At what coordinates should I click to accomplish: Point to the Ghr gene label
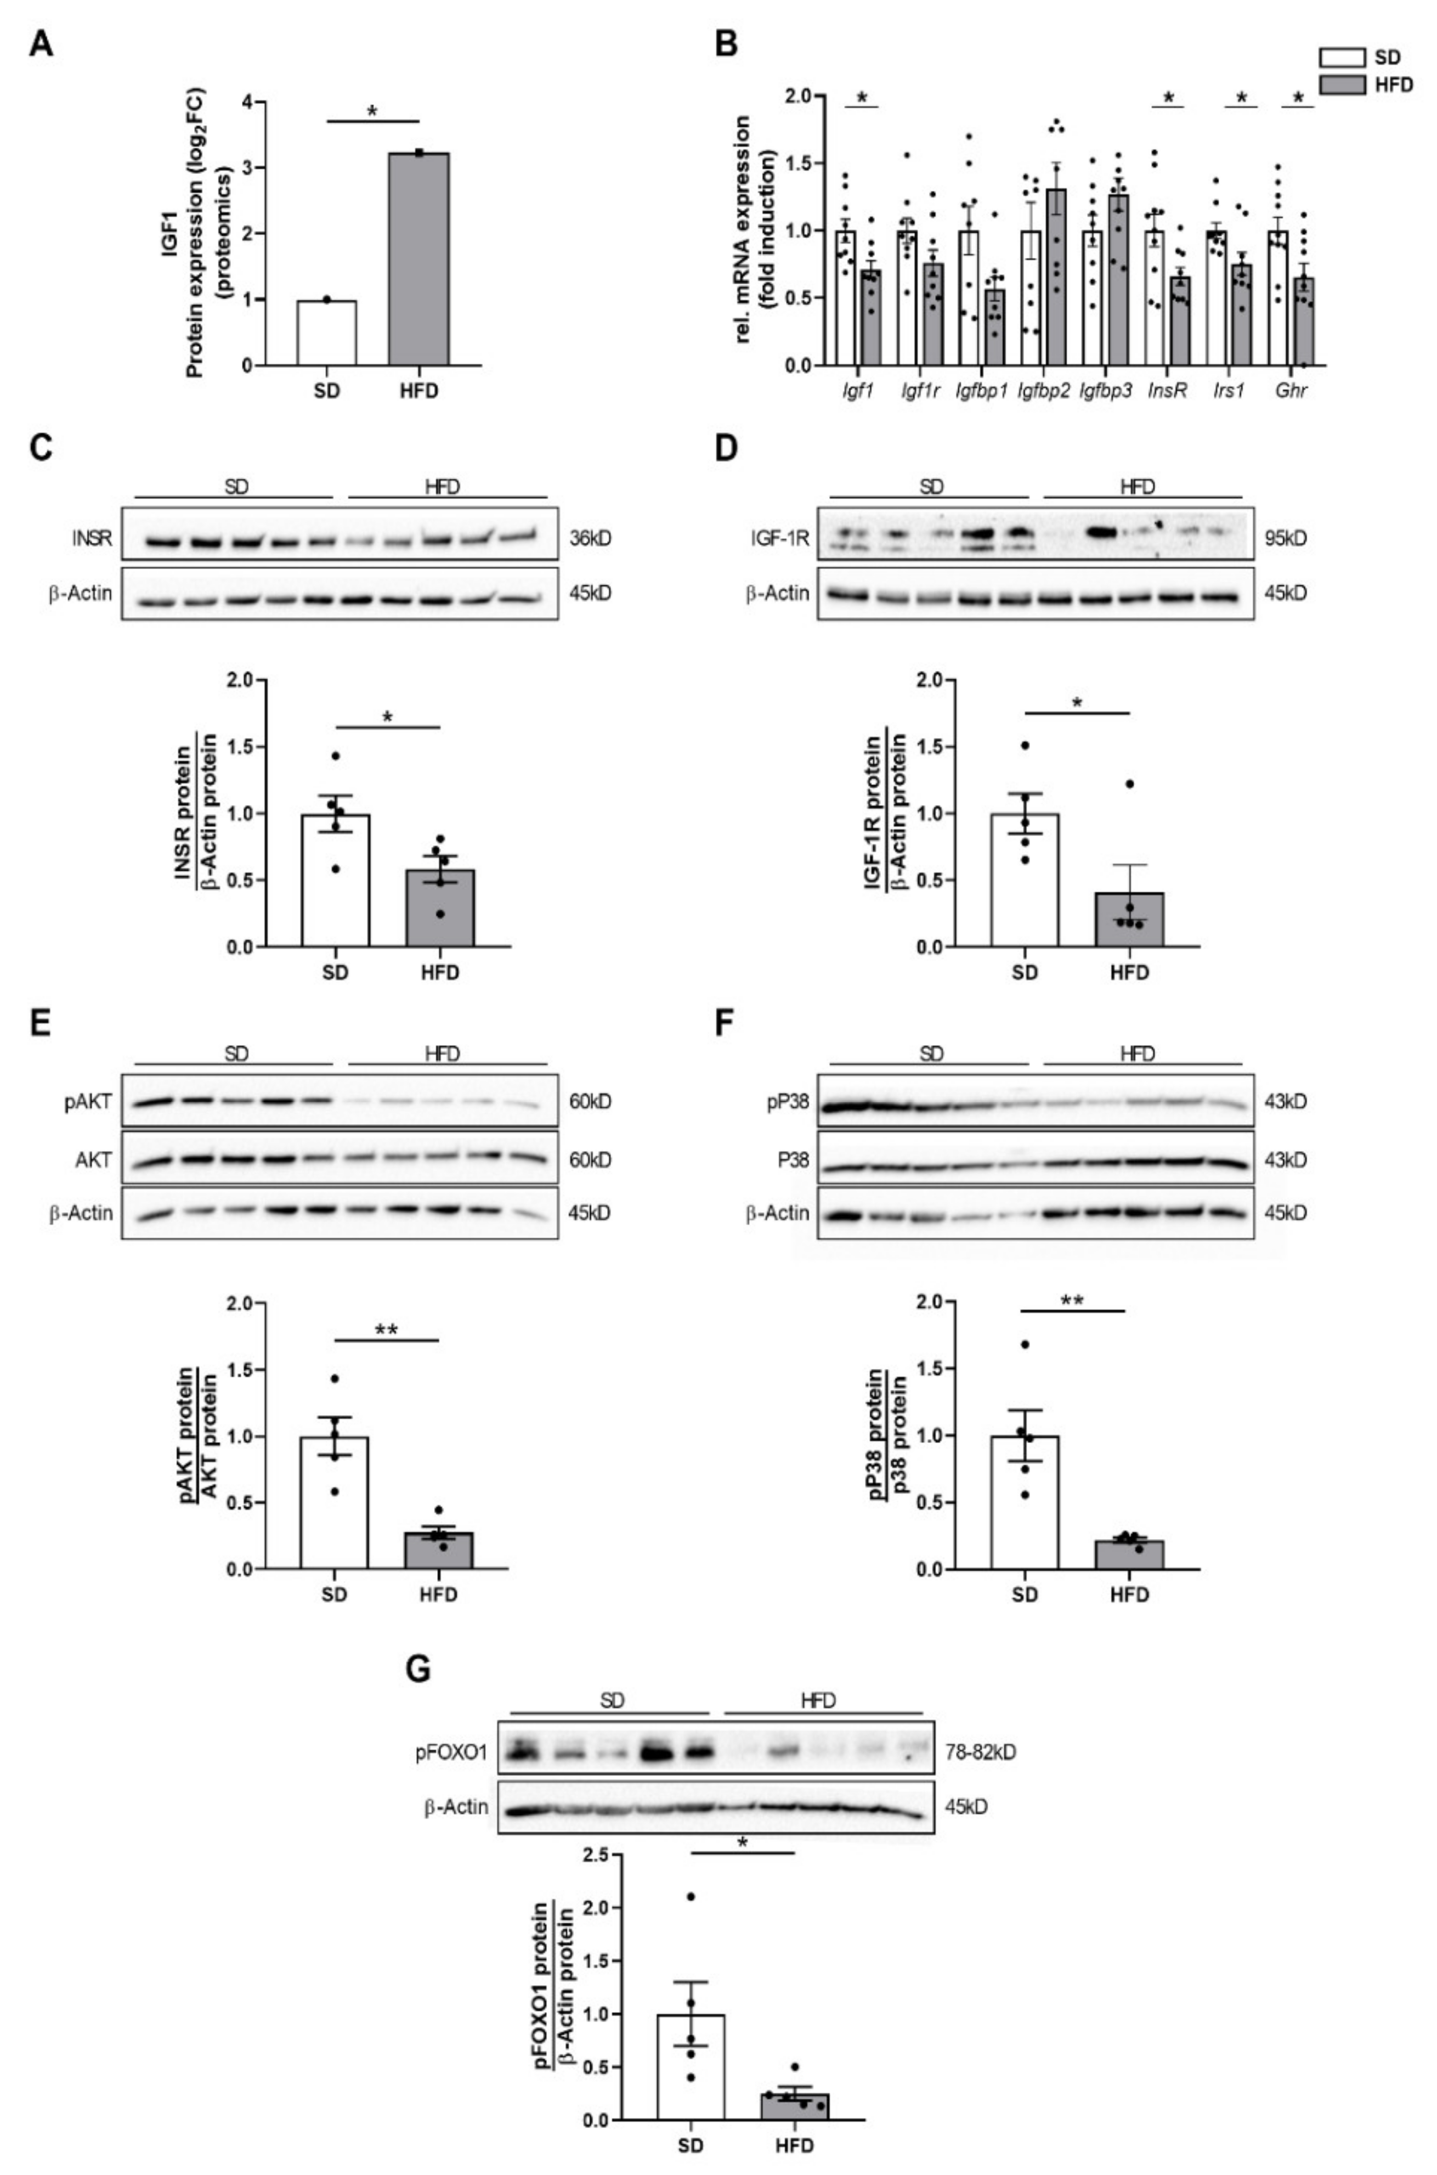point(1291,391)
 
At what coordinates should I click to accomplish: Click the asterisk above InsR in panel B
point(1168,98)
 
